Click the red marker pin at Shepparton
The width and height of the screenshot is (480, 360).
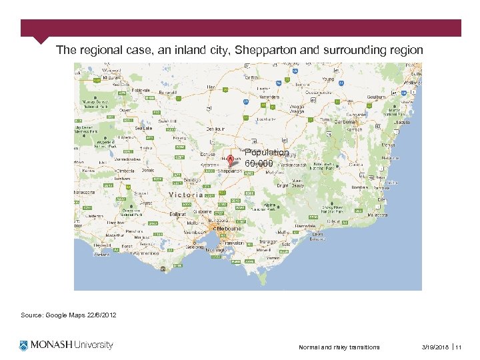click(x=231, y=160)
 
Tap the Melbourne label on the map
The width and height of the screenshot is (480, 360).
click(x=229, y=228)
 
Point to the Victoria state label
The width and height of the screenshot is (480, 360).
click(x=186, y=195)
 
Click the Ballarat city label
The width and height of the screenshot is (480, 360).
click(x=178, y=215)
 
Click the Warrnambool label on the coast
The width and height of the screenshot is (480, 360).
click(x=143, y=253)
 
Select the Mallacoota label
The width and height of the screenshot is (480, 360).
click(x=377, y=215)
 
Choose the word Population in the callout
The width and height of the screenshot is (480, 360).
click(x=267, y=153)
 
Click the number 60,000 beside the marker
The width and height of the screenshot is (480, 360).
click(x=259, y=163)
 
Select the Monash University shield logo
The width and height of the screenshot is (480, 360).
click(x=24, y=345)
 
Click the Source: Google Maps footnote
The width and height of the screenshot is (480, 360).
click(x=69, y=314)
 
